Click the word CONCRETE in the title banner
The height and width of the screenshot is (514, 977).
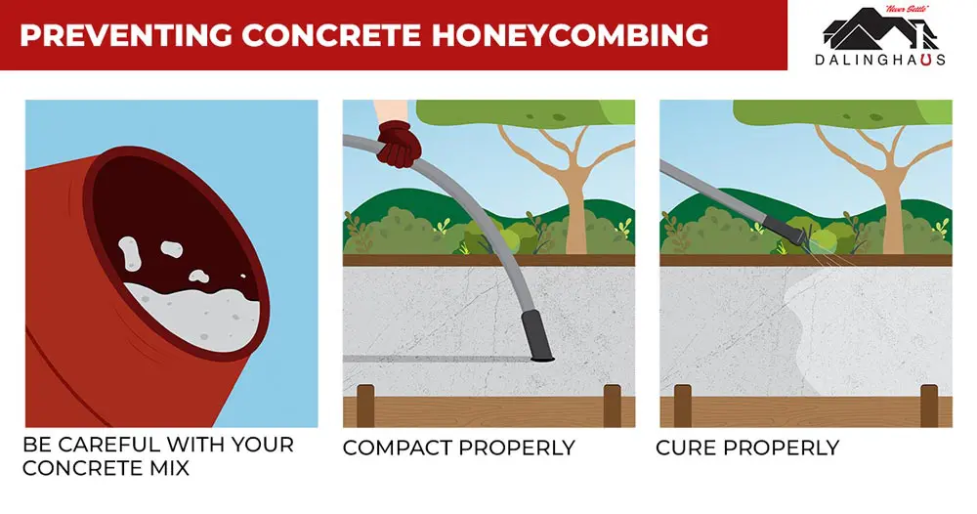pos(315,35)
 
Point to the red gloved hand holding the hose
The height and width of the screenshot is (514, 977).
pos(398,145)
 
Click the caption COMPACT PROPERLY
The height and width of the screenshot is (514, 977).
pos(458,449)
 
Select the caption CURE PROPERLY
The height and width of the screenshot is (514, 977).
pos(747,449)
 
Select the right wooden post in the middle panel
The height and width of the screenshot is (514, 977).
pos(613,406)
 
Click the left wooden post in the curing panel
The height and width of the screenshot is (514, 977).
pos(682,406)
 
